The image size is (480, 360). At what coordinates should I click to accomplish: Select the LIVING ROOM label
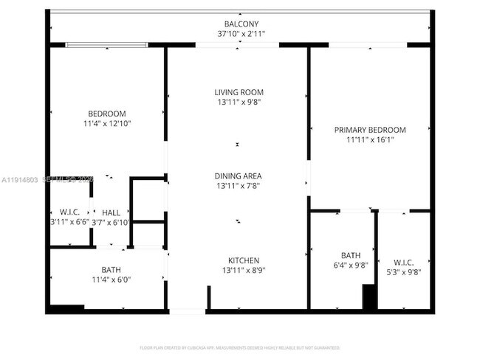click(x=238, y=92)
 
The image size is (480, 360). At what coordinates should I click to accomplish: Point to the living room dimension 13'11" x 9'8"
click(x=238, y=103)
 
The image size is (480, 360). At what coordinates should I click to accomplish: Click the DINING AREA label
click(x=238, y=176)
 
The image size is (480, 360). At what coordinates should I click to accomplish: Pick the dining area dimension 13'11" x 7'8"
click(x=238, y=187)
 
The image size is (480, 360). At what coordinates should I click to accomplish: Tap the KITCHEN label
click(x=243, y=260)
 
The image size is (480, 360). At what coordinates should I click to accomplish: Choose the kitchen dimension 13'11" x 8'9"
click(x=243, y=271)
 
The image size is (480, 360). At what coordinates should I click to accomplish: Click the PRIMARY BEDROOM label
click(x=370, y=130)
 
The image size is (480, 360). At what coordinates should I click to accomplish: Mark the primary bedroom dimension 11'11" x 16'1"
click(x=370, y=140)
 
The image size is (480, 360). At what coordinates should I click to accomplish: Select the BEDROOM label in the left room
click(x=108, y=113)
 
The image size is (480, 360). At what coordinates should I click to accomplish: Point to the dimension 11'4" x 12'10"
click(x=108, y=123)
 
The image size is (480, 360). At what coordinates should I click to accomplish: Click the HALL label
click(x=112, y=212)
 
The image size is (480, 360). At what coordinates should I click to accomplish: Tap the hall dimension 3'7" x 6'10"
click(x=111, y=222)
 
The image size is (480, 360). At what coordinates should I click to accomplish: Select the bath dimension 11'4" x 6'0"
click(x=111, y=280)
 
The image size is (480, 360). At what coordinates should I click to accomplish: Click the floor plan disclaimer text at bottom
click(x=239, y=347)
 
